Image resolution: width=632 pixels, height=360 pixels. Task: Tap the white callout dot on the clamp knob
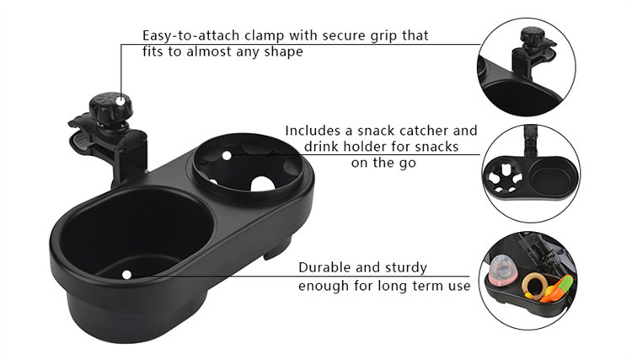pos(121,101)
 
